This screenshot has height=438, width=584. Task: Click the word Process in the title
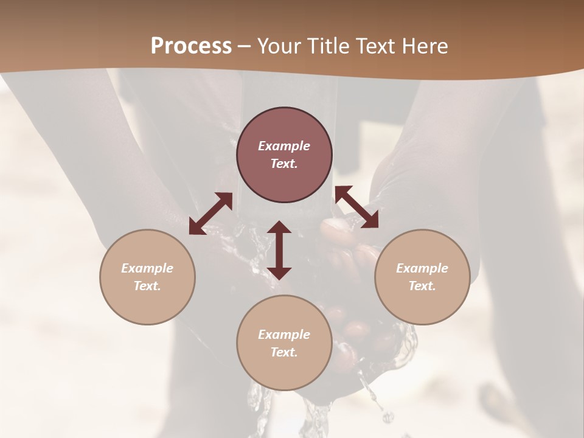point(191,46)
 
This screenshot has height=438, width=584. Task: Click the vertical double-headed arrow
point(279,250)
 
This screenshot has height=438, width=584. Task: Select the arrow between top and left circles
point(210,214)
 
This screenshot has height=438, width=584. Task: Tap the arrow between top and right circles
point(356,207)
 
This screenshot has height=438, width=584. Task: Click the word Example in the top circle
point(284,146)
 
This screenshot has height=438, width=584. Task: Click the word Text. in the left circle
point(147,286)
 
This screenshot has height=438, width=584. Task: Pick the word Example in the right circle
point(422,268)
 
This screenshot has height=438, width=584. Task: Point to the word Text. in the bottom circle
point(284,352)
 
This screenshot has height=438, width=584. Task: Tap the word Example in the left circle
point(147,268)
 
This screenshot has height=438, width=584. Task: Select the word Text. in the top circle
point(284,164)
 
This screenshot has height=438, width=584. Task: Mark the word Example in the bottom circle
point(284,335)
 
